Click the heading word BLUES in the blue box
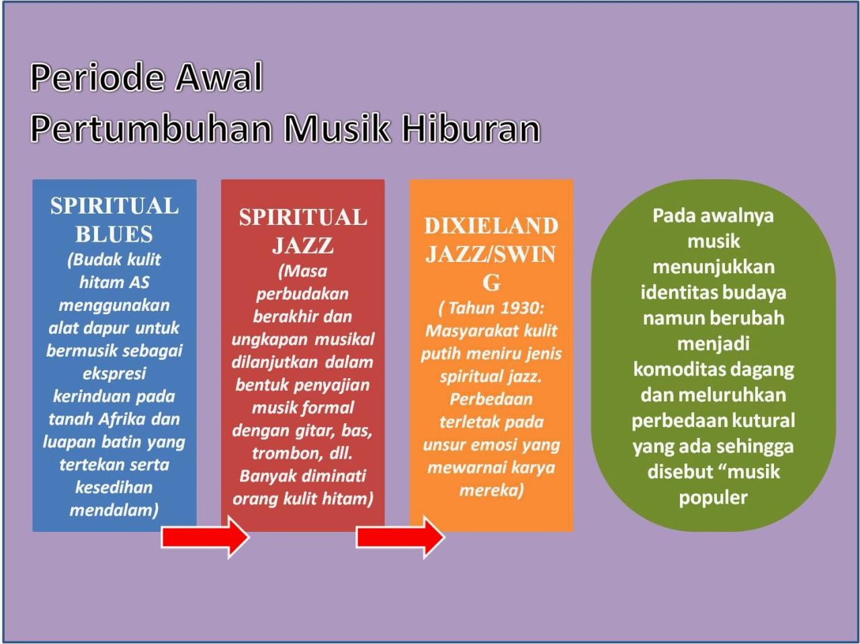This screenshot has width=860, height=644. (114, 234)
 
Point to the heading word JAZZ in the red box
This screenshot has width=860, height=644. (302, 246)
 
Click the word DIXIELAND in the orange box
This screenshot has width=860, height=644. (491, 226)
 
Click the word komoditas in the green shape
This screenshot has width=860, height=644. (676, 369)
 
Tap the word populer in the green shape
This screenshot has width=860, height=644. (713, 498)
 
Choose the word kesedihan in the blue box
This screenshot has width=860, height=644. (114, 488)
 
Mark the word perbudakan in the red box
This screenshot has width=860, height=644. (302, 294)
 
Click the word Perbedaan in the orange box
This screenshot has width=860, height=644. (491, 400)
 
